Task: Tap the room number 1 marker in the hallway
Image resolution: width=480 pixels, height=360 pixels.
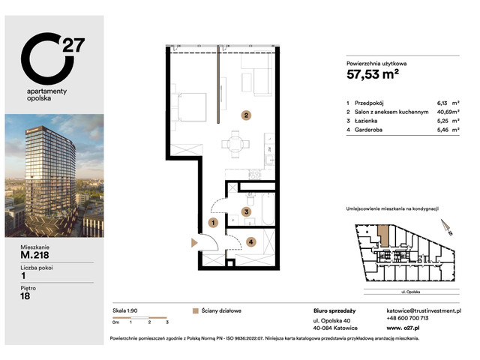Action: point(213,223)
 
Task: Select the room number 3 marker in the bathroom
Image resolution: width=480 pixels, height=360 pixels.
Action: point(245,212)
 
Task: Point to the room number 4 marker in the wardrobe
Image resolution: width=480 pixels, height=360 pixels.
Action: point(250,241)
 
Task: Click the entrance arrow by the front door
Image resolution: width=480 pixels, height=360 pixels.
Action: point(193,241)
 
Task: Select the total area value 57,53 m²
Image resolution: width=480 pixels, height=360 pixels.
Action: point(373,74)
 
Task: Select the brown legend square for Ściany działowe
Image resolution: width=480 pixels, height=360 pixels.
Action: point(196,310)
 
